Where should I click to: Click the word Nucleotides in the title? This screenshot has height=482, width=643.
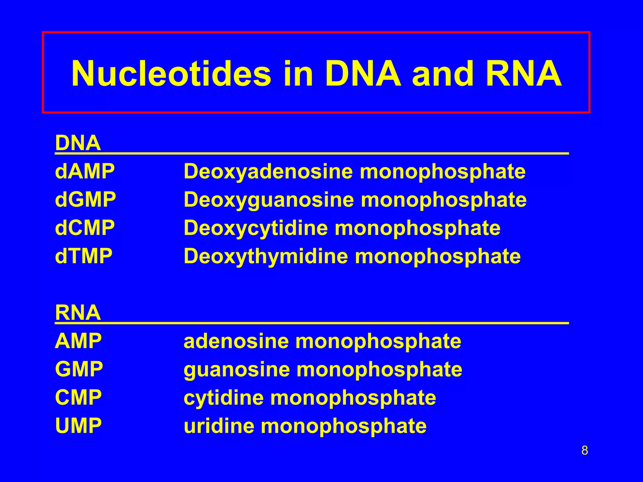tap(171, 74)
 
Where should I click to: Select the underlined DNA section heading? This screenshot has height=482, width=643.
tap(78, 143)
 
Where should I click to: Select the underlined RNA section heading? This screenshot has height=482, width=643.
tap(78, 313)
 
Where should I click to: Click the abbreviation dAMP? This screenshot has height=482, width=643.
tap(85, 172)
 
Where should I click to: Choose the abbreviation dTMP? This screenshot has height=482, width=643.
tap(84, 256)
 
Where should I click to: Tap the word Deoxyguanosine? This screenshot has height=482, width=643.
tap(269, 200)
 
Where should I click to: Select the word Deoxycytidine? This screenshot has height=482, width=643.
tap(256, 228)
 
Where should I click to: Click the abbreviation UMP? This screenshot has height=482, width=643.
tap(78, 426)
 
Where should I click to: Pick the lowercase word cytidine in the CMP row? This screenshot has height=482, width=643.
tap(224, 398)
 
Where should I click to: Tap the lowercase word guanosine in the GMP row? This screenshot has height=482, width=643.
tap(237, 370)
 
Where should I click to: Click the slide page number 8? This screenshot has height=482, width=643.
tap(585, 451)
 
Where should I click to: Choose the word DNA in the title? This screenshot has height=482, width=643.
tap(363, 74)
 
